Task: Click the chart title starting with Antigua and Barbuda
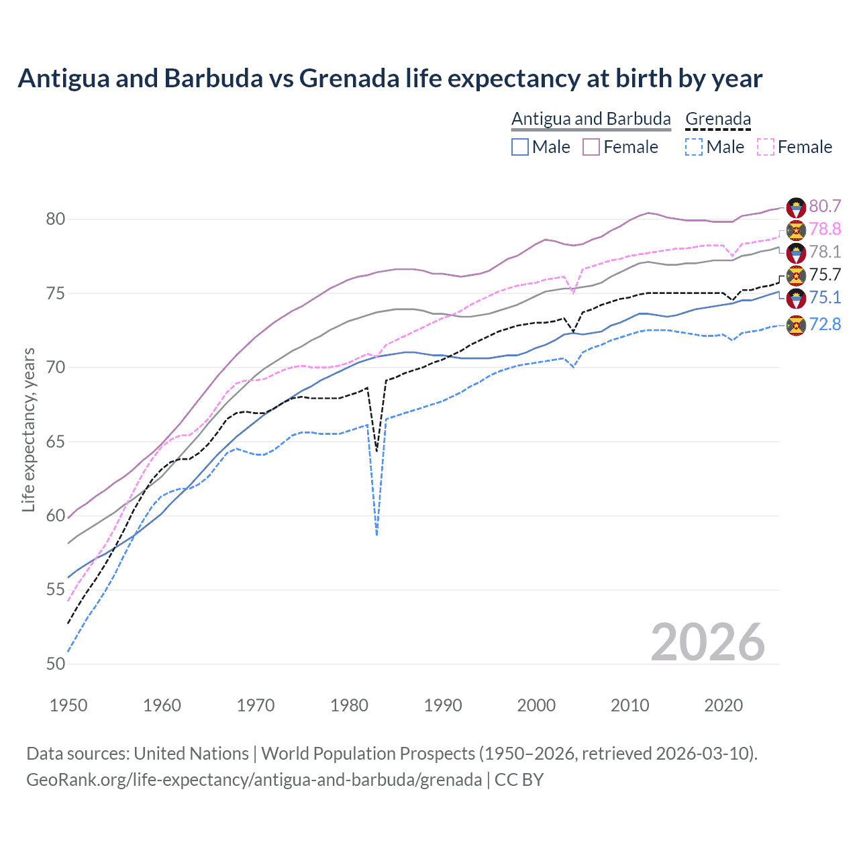pos(390,79)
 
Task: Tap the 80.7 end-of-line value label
pos(825,206)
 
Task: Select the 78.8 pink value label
pos(825,229)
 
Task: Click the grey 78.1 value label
pos(825,252)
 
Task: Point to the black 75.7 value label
pos(825,274)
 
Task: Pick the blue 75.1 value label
pos(825,297)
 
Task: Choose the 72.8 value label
pos(825,325)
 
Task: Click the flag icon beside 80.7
pos(796,207)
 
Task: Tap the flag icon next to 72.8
pos(796,325)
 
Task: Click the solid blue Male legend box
pos(520,147)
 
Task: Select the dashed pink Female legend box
pos(766,147)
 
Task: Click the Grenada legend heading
pos(717,119)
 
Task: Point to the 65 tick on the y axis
pos(56,442)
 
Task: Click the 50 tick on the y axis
pos(56,664)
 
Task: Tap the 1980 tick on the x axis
pos(350,705)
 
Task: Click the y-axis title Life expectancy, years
pos(28,429)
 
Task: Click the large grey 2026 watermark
pos(707,642)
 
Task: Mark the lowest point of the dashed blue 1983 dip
pos(377,535)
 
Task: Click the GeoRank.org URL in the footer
pos(254,780)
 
